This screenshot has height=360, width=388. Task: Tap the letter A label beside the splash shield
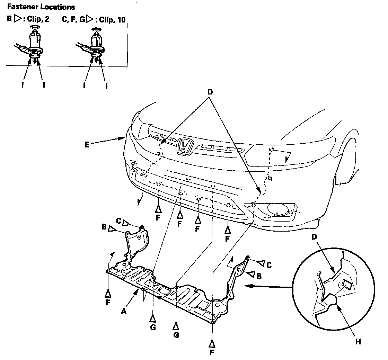coord(123,311)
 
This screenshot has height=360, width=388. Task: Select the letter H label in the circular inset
coord(358,342)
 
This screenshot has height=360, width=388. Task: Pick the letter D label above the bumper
coord(210,93)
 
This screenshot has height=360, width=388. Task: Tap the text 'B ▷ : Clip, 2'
coord(28,19)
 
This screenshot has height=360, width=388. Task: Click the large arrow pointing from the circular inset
coord(267,286)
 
